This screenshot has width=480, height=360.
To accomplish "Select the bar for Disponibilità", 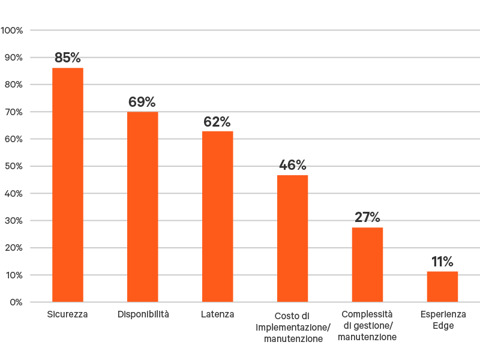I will [x=143, y=207].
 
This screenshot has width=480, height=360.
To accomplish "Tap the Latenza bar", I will [x=218, y=216].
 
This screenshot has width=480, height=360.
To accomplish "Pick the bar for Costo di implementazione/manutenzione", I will [x=293, y=238].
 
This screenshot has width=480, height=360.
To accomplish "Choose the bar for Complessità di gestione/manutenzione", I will [x=367, y=265].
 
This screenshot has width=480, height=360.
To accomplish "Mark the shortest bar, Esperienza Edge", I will [x=442, y=286].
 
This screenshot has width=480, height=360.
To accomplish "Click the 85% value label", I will [x=67, y=58].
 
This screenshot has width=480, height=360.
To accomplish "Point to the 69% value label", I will [x=142, y=102].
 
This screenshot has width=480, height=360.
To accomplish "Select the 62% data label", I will [x=217, y=122].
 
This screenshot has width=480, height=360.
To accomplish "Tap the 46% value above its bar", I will [x=293, y=165].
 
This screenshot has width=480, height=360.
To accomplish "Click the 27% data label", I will [x=367, y=217].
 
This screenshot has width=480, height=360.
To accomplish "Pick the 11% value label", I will [x=442, y=262].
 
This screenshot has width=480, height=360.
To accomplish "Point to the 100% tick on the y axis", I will [x=12, y=30].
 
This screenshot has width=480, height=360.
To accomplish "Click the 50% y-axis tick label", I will [x=14, y=166].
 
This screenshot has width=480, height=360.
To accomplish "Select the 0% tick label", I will [x=16, y=302].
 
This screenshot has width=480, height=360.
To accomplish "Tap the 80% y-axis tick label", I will [x=14, y=85].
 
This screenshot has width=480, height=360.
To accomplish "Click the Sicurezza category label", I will [x=67, y=314].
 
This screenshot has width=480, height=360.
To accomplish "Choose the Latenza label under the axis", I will [x=218, y=314].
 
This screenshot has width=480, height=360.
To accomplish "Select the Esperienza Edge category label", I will [x=443, y=320].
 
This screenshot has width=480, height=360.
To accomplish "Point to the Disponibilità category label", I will [x=143, y=314].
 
